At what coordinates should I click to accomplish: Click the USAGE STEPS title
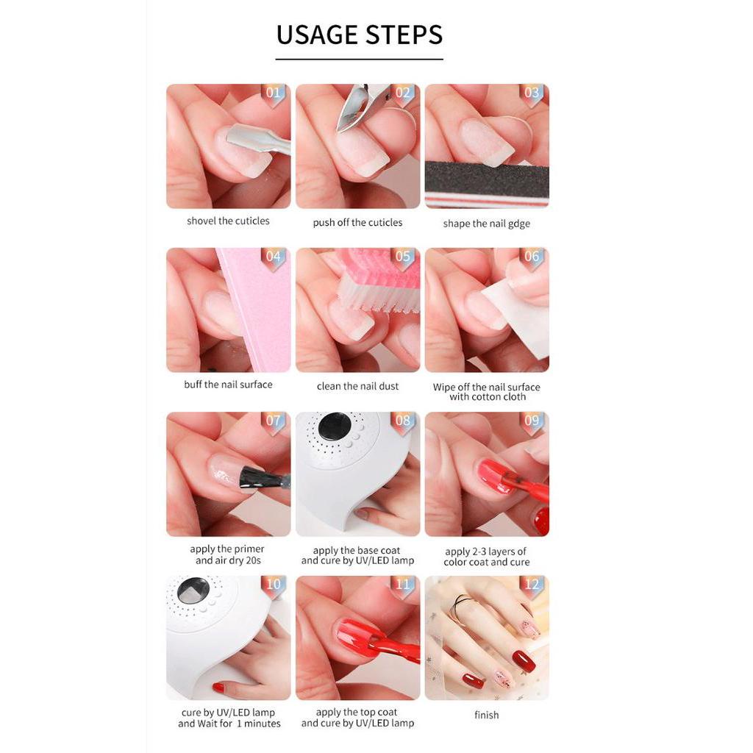(x=359, y=35)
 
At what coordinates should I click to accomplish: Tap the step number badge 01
(x=274, y=93)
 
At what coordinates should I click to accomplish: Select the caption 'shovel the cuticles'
(x=228, y=221)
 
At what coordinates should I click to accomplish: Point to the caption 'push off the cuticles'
(x=357, y=222)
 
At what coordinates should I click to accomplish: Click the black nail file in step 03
(x=486, y=179)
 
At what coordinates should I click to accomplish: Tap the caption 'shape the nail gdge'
(x=486, y=224)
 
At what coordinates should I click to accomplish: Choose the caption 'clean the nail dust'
(x=357, y=386)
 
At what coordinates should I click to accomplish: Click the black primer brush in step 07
(x=261, y=478)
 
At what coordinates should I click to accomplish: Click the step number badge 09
(x=532, y=421)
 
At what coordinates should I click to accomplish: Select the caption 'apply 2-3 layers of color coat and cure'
(x=486, y=557)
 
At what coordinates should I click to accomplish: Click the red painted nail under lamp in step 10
(x=218, y=688)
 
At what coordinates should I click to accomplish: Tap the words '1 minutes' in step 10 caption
(x=257, y=724)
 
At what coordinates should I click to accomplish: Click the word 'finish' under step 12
(x=486, y=715)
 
